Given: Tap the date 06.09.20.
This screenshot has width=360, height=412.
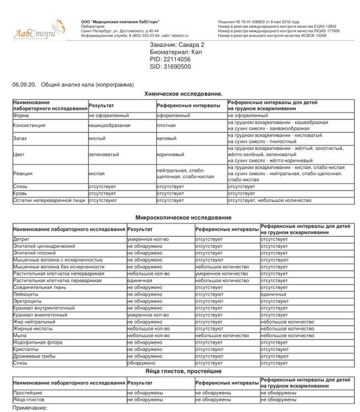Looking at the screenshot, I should [x=23, y=86].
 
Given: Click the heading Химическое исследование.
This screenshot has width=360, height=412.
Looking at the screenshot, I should [x=183, y=94].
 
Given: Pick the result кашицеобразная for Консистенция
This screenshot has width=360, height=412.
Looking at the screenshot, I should [x=109, y=125].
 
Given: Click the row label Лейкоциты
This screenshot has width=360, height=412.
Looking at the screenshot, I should [x=26, y=294].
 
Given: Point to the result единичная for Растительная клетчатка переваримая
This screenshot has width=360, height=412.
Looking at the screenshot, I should [x=139, y=281].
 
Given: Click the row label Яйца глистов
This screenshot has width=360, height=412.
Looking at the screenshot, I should [x=28, y=400].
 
